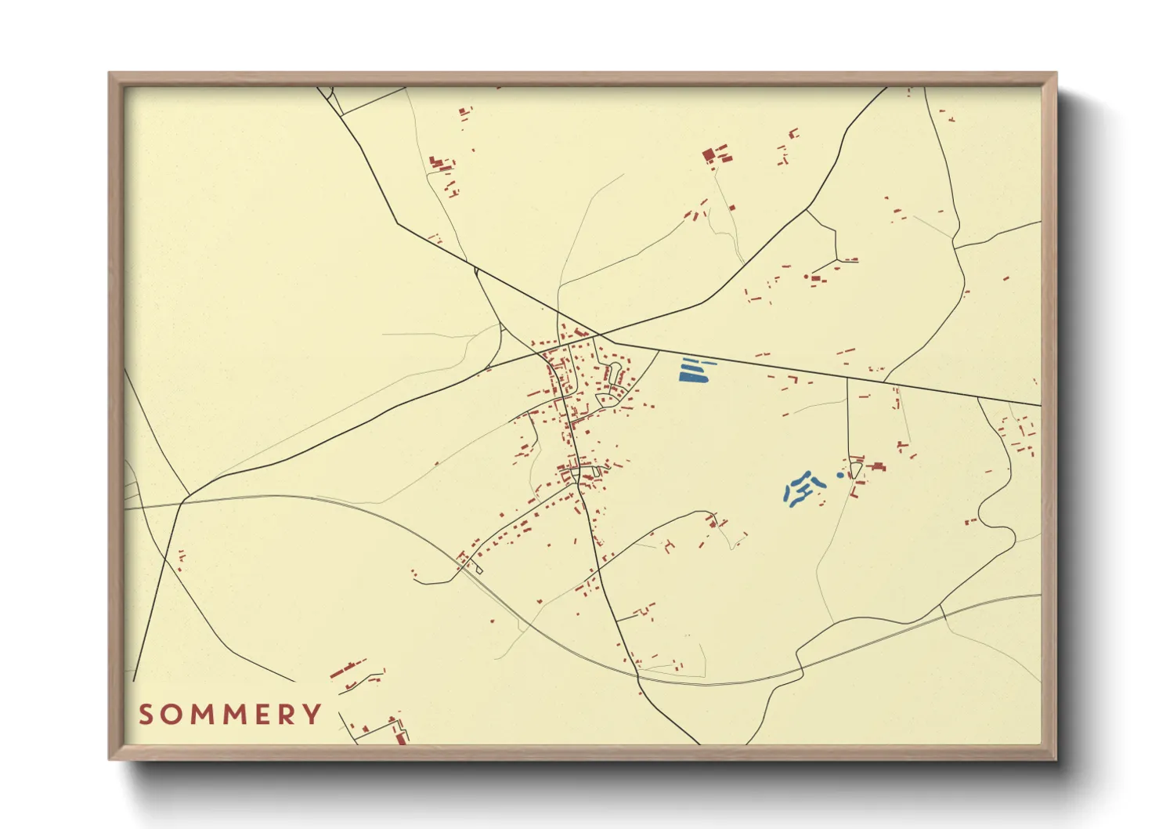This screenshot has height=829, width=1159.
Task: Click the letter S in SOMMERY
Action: [146, 715]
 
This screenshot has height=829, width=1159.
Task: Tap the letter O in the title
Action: [173, 715]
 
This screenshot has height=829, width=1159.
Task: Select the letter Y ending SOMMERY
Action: [313, 715]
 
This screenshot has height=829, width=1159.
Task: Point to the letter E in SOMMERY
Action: [258, 715]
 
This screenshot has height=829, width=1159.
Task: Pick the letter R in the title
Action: [286, 715]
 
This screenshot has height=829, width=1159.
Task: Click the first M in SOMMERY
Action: [201, 715]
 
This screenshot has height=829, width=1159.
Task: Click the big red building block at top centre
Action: [710, 154]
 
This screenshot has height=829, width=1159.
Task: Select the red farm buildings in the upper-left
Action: [438, 164]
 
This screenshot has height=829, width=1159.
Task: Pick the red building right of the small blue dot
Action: [878, 467]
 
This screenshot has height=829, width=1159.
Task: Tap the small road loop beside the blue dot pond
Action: [856, 470]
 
